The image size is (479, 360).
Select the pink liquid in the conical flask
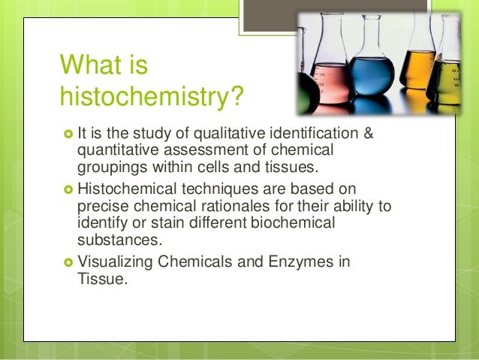(x=328, y=83)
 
